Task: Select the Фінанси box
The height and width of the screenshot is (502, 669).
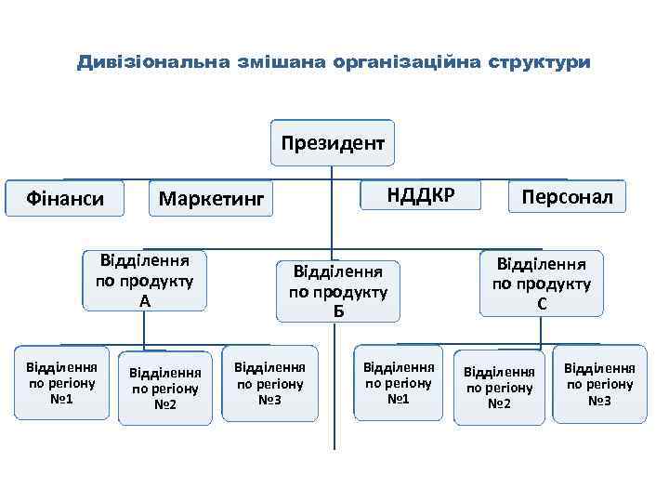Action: pos(64,198)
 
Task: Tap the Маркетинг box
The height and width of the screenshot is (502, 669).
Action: pos(212,198)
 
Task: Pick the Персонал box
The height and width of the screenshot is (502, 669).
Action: pos(567,196)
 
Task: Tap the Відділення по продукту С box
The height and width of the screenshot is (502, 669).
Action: pos(542,283)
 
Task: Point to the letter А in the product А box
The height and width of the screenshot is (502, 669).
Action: pos(144,301)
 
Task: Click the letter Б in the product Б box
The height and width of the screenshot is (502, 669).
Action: pos(338,310)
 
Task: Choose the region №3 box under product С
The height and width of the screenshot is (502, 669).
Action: pos(599,384)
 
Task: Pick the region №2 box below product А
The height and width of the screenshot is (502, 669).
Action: pos(164,388)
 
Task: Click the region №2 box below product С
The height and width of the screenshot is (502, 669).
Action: pos(499,388)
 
